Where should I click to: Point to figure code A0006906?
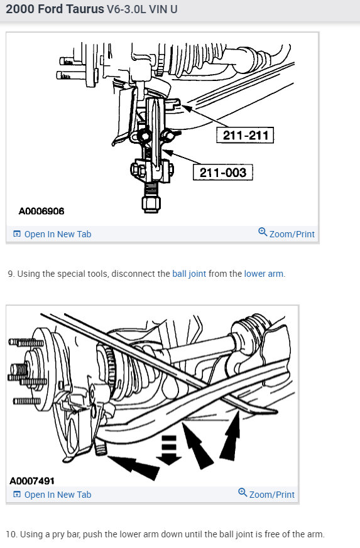click(41, 212)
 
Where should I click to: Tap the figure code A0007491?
click(33, 480)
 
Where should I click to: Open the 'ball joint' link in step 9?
click(189, 274)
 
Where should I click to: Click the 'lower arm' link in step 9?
click(263, 274)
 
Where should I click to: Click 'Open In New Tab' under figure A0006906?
click(57, 234)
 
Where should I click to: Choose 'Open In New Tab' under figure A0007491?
click(57, 495)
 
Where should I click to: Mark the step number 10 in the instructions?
click(11, 534)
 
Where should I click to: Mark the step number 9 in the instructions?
click(11, 274)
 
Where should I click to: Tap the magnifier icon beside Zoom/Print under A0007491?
click(243, 493)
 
